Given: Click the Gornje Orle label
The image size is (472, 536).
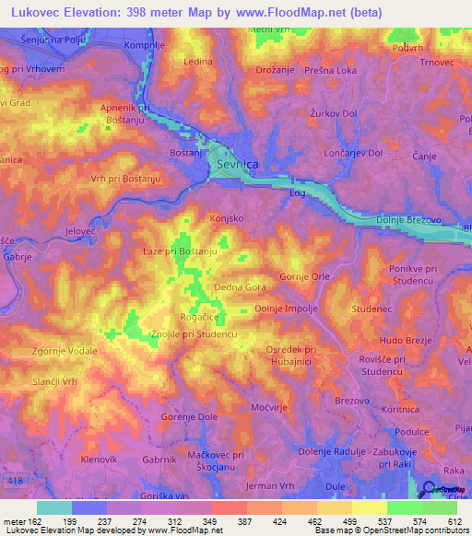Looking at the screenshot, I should (x=304, y=276).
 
